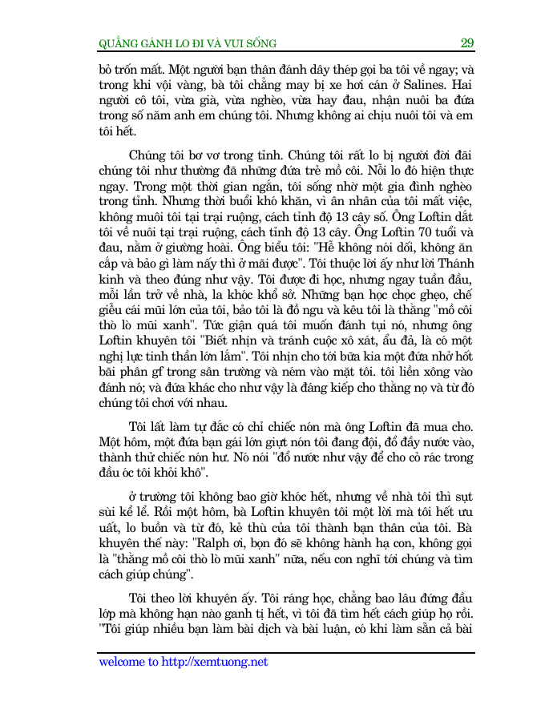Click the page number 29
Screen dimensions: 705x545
466,42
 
